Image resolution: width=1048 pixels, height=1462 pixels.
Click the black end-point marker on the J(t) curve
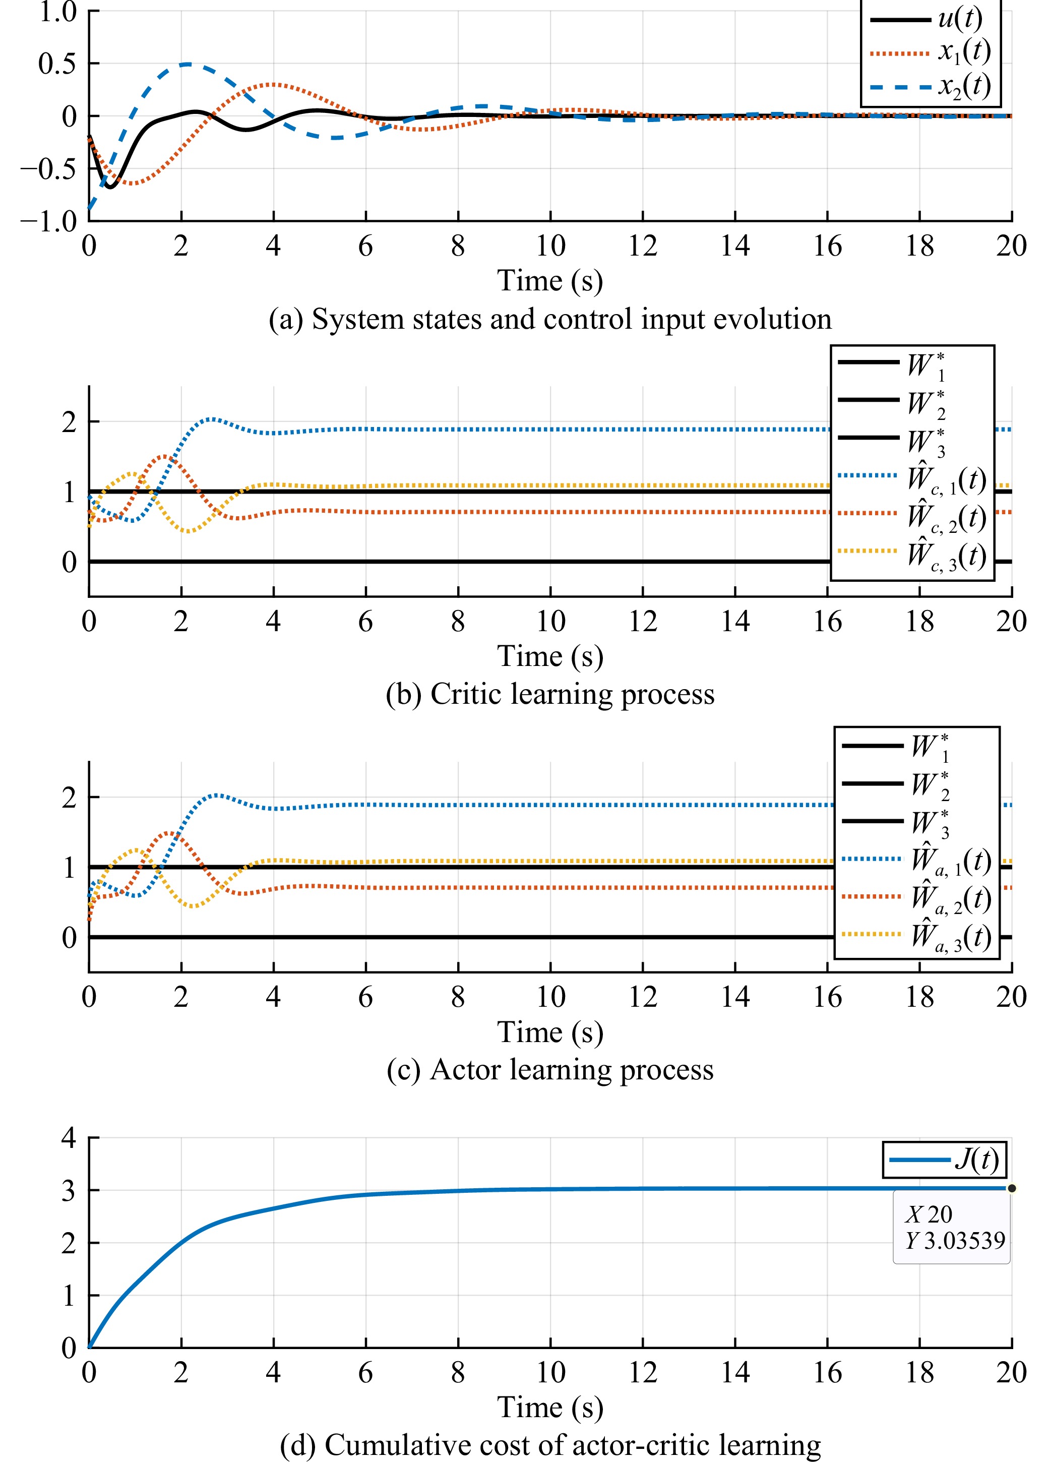(1011, 1188)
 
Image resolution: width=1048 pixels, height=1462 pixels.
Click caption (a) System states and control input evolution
(550, 319)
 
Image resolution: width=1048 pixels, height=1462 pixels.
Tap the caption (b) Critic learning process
(550, 694)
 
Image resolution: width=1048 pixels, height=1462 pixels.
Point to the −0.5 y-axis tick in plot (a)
(49, 169)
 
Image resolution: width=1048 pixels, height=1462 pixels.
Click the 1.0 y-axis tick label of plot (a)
(58, 12)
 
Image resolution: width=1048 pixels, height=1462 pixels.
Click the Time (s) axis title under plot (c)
(550, 1032)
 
